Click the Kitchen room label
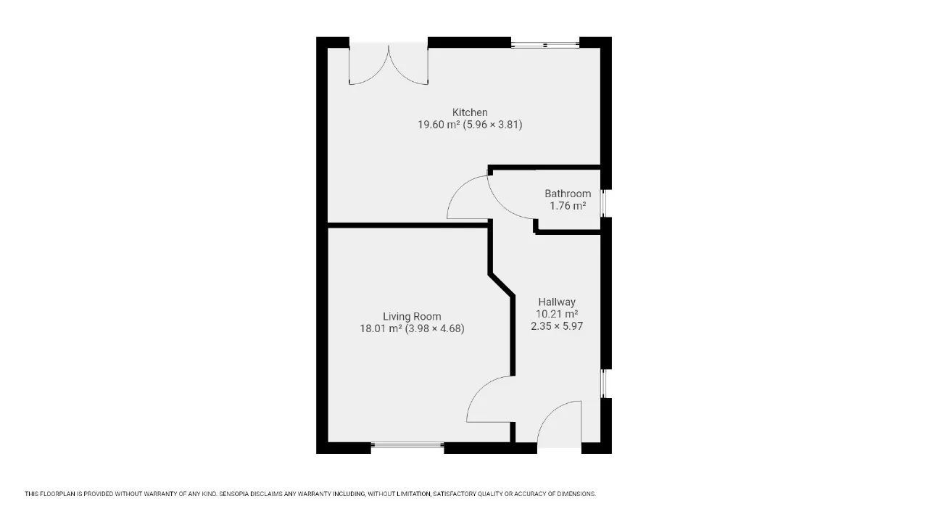(x=470, y=112)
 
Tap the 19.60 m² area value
(x=439, y=124)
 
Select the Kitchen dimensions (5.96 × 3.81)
(x=492, y=124)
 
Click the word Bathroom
(x=568, y=194)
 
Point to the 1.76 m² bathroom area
(x=568, y=205)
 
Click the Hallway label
(x=557, y=302)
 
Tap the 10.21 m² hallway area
(x=557, y=314)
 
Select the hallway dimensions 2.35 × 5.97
(x=557, y=326)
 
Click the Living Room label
(x=412, y=317)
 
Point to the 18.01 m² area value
(x=381, y=328)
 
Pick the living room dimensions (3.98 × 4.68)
(x=434, y=328)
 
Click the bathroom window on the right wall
(x=604, y=204)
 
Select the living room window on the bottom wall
(x=407, y=445)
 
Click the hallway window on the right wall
(x=604, y=384)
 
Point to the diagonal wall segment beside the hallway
(x=502, y=285)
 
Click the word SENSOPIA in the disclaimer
(x=233, y=494)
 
